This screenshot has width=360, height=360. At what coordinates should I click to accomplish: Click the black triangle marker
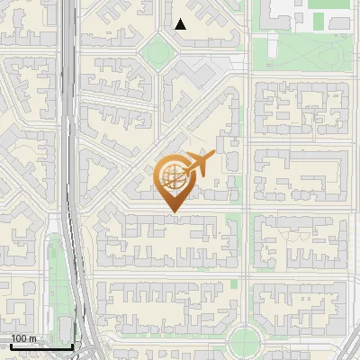pos(181,24)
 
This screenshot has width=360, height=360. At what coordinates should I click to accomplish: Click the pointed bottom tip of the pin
pos(173,211)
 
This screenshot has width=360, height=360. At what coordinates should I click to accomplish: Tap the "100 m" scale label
pos(24,338)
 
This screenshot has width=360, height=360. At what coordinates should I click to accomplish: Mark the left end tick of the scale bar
pos(11,346)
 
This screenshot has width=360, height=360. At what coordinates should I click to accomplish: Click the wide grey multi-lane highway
pos(69,135)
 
